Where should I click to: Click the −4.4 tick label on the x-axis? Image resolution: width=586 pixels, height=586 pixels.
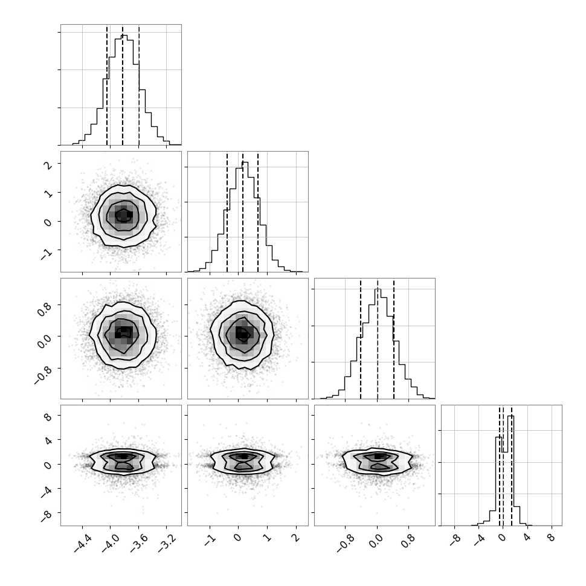(83, 543)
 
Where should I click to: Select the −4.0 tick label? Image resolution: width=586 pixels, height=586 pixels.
(111, 543)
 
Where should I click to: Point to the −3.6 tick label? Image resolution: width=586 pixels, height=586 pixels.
(139, 543)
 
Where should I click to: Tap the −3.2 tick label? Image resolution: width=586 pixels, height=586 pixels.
(167, 543)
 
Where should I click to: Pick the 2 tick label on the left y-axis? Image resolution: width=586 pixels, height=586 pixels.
(48, 165)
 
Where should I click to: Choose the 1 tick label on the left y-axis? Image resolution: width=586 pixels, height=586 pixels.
(48, 193)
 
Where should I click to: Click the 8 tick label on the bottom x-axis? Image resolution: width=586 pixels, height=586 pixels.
(551, 538)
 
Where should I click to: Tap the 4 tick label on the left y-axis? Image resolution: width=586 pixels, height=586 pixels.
(48, 440)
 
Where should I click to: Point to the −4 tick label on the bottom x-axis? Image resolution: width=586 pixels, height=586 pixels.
(479, 540)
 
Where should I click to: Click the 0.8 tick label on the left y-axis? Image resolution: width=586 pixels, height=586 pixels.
(45, 309)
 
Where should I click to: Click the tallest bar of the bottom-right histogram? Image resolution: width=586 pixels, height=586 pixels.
(511, 471)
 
